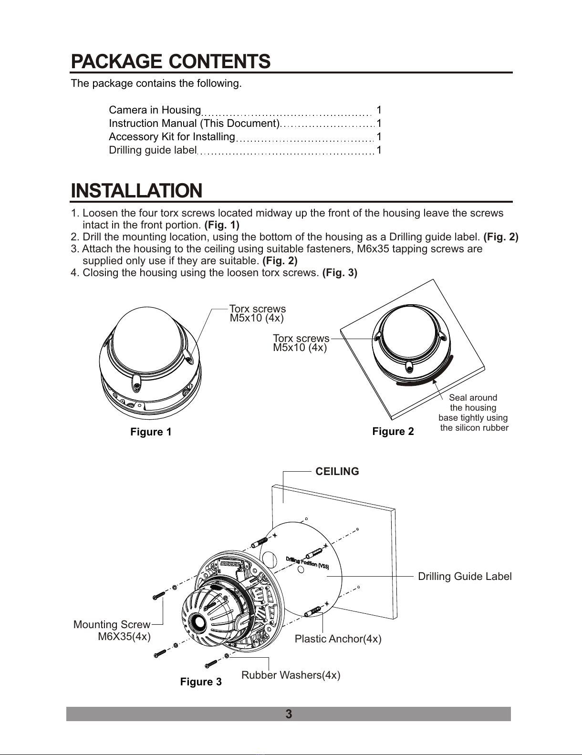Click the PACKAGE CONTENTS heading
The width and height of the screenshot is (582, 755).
coord(171,62)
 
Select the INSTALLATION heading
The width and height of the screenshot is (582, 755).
coord(136,191)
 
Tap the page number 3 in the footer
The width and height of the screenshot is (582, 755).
coord(288,714)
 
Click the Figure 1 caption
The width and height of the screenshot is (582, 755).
coord(151,432)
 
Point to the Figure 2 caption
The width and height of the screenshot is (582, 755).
coord(393,432)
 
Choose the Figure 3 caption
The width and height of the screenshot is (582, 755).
coord(201,682)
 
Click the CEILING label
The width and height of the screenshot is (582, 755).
coord(337,472)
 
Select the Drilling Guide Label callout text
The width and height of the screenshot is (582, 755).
coord(465,577)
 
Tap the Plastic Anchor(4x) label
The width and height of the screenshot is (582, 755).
coord(338,639)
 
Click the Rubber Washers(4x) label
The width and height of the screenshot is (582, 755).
coord(291,675)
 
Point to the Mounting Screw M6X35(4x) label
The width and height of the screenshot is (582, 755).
coord(113,631)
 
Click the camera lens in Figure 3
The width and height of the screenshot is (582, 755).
coord(197,622)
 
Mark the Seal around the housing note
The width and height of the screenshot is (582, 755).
coord(473,413)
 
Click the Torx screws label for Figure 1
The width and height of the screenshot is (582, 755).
coord(258,313)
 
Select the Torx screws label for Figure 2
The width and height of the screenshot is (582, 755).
coord(301,343)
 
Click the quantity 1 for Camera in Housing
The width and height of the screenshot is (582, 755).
coord(379,110)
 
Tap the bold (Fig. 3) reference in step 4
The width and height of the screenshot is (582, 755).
coord(340,273)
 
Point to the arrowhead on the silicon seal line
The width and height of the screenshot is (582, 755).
coord(435,380)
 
